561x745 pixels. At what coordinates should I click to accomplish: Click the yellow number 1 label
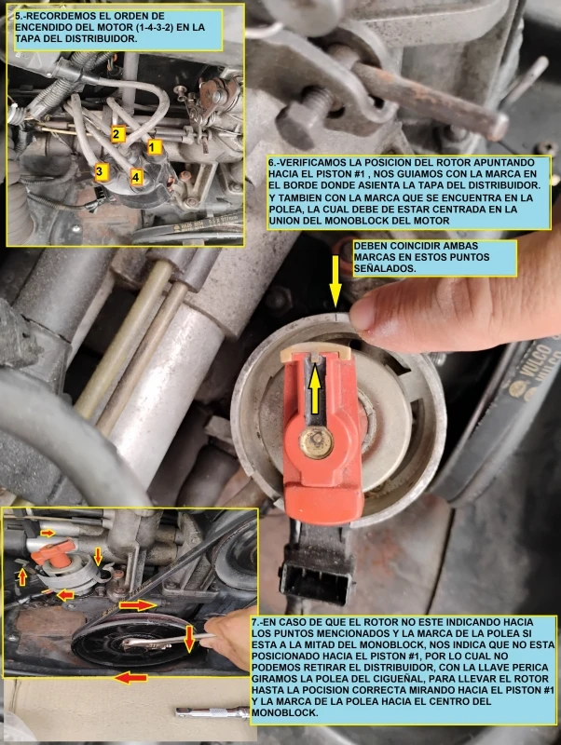coord(153,147)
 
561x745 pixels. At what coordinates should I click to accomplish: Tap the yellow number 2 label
coord(116,134)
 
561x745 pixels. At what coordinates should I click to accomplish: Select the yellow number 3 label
coord(100,171)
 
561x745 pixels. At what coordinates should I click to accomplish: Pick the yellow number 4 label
coord(136,177)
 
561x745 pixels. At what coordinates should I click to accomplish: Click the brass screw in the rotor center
coord(316,441)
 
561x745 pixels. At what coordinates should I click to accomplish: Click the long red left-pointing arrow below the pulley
coord(131,678)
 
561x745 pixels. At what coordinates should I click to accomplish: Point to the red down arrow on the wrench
coord(189,638)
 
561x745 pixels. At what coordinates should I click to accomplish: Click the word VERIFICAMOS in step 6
coord(308,162)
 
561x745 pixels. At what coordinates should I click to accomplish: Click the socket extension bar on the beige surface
coord(212,712)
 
